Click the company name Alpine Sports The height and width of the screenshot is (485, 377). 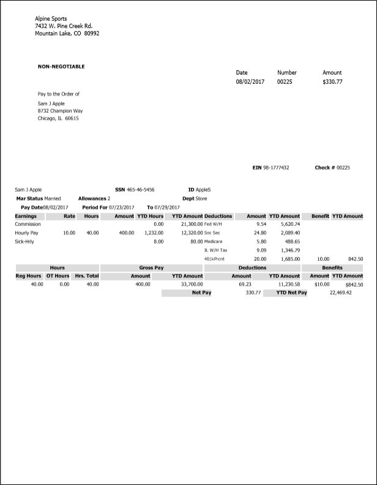(51, 19)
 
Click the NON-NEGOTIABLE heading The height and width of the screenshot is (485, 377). (61, 66)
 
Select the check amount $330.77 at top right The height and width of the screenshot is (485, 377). (332, 81)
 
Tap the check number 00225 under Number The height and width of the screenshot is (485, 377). (285, 81)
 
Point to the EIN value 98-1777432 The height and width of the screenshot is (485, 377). (276, 167)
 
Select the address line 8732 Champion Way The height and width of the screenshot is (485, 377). (60, 111)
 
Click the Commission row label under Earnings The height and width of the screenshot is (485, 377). (28, 225)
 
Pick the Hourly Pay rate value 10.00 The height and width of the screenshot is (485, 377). (69, 233)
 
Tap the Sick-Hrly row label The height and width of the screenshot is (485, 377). (26, 242)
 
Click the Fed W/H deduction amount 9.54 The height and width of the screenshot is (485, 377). (261, 225)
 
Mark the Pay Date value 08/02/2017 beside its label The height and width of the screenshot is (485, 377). (56, 208)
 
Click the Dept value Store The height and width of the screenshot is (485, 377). (201, 198)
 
